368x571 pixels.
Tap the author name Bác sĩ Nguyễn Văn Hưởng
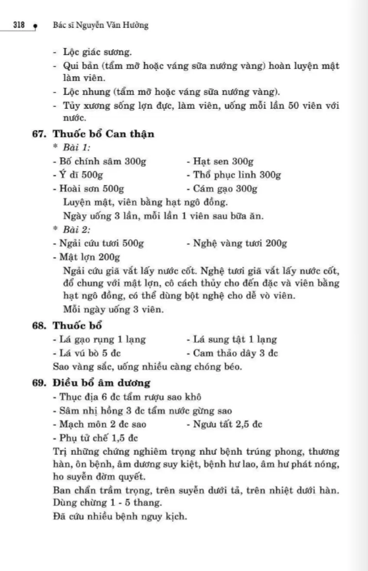100,26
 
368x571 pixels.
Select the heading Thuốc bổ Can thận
103,134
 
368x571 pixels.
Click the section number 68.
39,325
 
